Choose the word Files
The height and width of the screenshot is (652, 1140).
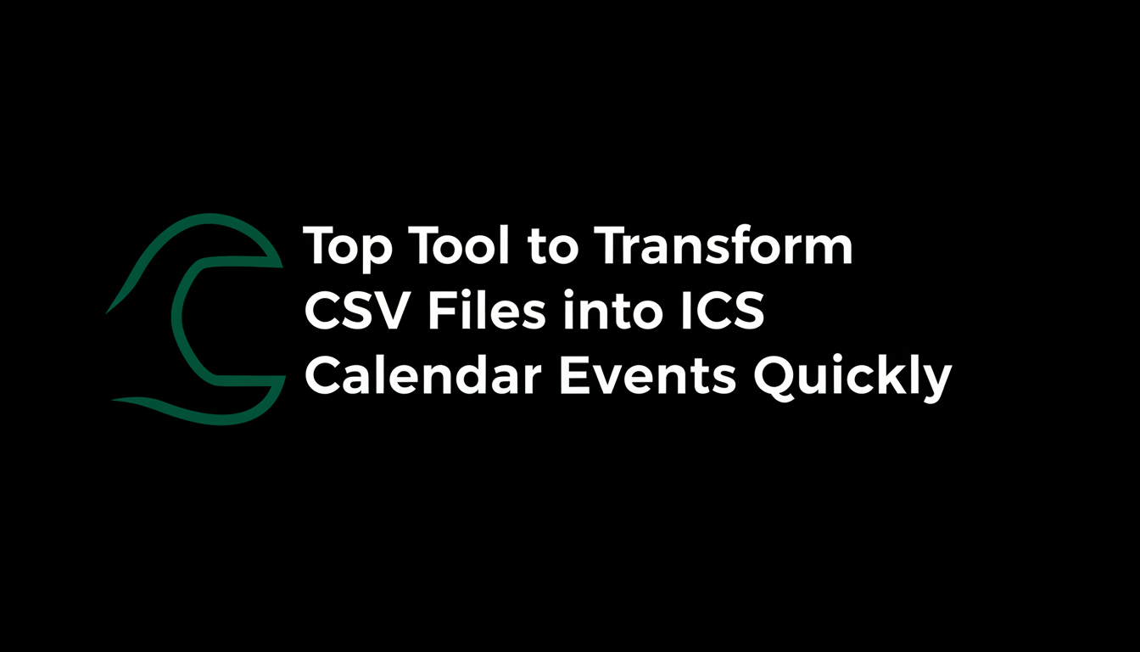[x=486, y=312]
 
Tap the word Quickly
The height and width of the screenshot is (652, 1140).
[x=852, y=378]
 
